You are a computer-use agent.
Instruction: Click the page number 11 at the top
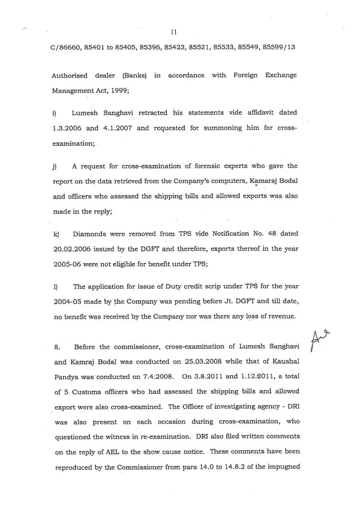coord(173,31)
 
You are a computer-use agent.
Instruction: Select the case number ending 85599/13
coord(276,47)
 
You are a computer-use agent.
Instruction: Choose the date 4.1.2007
coord(113,128)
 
